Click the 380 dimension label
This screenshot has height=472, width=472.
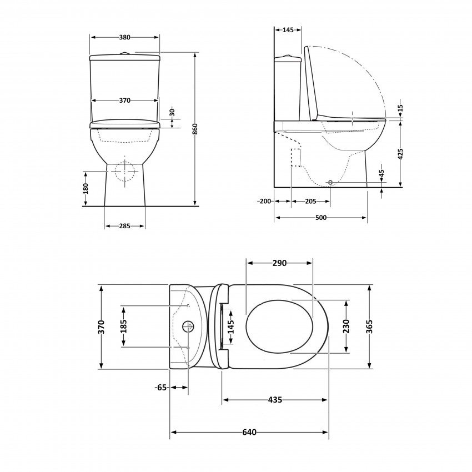pos(124,37)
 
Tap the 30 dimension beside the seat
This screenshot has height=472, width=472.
pos(172,112)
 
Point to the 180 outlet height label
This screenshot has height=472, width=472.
pos(86,188)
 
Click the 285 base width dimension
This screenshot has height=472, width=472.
pos(124,226)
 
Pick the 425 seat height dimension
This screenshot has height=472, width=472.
pos(400,153)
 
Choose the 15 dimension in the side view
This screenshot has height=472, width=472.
pos(400,107)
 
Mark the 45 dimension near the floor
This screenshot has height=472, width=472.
pos(381,174)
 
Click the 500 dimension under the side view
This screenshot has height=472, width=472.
pos(320,218)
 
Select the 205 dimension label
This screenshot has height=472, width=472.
pos(310,201)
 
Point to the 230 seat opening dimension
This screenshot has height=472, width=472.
pos(347,327)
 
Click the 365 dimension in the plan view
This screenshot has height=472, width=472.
pos(369,327)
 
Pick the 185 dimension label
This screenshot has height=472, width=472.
pos(123,327)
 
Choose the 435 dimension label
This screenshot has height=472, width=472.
pos(275,399)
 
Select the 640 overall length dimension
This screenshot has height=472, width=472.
pos(249,433)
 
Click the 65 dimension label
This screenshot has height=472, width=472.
pos(162,388)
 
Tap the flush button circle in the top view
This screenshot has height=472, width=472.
pos(188,326)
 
